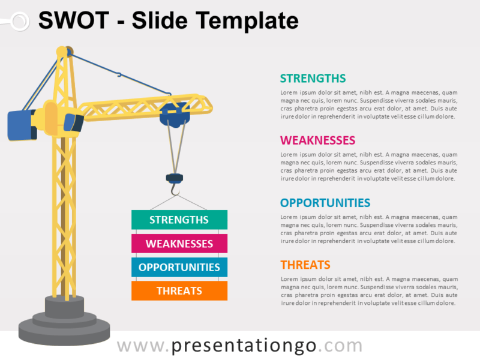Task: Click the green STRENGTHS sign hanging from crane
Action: [x=179, y=220]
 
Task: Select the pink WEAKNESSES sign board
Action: [x=179, y=244]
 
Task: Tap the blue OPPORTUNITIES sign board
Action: [x=179, y=267]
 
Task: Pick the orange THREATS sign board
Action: [x=179, y=290]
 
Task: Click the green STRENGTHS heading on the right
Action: [x=313, y=78]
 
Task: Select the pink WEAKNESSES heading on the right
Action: [x=317, y=140]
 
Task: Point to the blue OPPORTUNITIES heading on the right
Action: [x=325, y=203]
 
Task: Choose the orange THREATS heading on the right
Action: [x=305, y=265]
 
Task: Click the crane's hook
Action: [x=175, y=191]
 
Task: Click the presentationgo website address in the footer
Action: [x=239, y=346]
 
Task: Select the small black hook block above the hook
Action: [x=175, y=178]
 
